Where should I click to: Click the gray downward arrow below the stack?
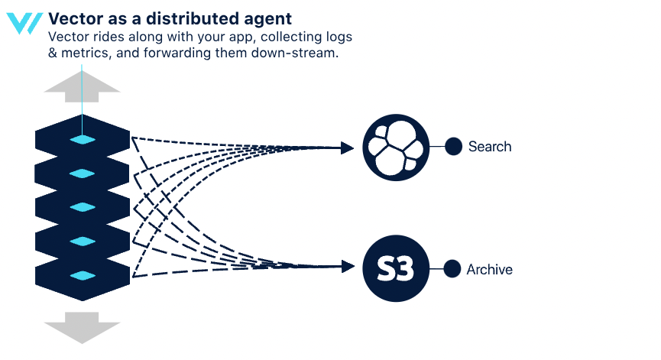click(83, 329)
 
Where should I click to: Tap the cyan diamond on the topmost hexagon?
click(83, 139)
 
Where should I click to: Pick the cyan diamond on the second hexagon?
click(83, 174)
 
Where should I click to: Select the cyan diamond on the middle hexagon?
click(83, 207)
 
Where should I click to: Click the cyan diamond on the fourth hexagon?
click(83, 242)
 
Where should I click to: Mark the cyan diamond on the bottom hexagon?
click(83, 275)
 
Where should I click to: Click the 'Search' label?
click(490, 146)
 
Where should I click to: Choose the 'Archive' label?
click(489, 270)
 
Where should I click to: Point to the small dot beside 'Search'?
click(453, 146)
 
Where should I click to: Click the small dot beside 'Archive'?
click(452, 269)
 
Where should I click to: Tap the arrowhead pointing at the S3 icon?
click(348, 267)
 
